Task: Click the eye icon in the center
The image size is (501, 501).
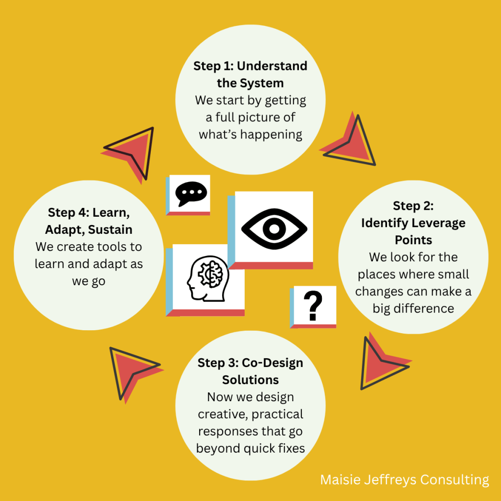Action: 274,228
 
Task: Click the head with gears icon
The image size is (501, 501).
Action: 205,279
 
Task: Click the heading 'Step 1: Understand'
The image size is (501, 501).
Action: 250,66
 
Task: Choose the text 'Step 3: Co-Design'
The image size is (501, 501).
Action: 250,363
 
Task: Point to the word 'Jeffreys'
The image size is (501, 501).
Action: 391,479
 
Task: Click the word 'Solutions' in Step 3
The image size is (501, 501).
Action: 250,380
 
